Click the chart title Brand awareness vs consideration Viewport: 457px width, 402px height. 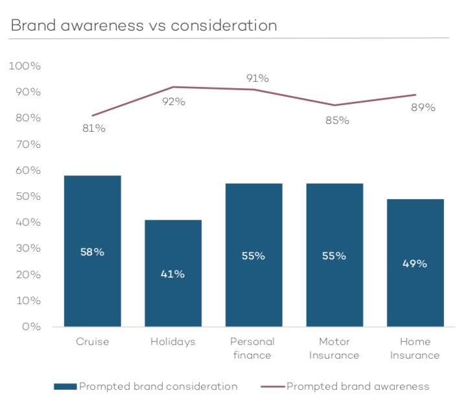[x=144, y=25]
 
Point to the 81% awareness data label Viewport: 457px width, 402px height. [x=94, y=128]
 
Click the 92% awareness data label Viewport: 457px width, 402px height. [x=174, y=101]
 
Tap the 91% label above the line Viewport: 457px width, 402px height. [x=257, y=78]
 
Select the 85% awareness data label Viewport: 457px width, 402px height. [x=337, y=120]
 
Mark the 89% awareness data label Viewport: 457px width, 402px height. [x=423, y=107]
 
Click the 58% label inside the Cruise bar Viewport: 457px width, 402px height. [x=92, y=252]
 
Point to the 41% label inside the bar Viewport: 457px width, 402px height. [x=173, y=274]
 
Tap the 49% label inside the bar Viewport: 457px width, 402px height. [x=415, y=263]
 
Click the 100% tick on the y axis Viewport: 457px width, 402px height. [x=25, y=66]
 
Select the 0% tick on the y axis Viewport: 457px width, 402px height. [x=30, y=327]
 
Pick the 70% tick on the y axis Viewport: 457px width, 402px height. [x=27, y=145]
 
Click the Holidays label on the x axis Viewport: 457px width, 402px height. [x=172, y=342]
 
